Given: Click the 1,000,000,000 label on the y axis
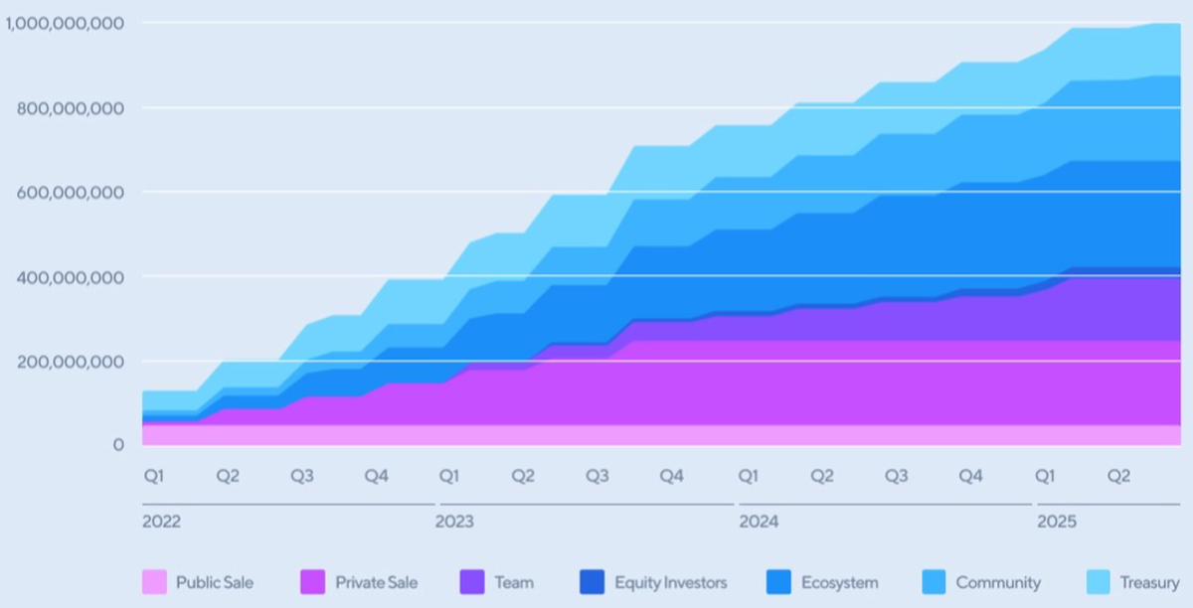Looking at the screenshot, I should coord(63,22).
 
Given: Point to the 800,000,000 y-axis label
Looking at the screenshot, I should coord(71,107).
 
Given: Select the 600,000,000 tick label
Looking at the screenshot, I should coord(71,192).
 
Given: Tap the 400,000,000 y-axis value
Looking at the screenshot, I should coord(71,276).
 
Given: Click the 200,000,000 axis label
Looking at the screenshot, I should coord(71,361).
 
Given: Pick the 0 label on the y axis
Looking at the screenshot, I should coord(118,445).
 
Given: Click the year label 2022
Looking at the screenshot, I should coord(161,521).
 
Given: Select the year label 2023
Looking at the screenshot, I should coord(454,521).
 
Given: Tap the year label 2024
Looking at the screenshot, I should coord(758,521).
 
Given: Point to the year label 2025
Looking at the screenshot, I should coord(1056,521).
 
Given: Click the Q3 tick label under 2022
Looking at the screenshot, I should coord(302,476).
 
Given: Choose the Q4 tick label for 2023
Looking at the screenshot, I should coord(672,476).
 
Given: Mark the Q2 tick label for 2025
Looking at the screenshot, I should coord(1119,476).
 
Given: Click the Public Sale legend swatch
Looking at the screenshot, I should coord(154,582).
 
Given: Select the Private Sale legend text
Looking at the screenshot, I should coord(376,583).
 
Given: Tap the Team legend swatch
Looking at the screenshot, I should coord(472,582).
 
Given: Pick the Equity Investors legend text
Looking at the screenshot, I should coord(670,583).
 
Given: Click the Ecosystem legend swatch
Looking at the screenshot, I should coord(778,582).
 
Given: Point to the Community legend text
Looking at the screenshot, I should coord(998,583).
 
